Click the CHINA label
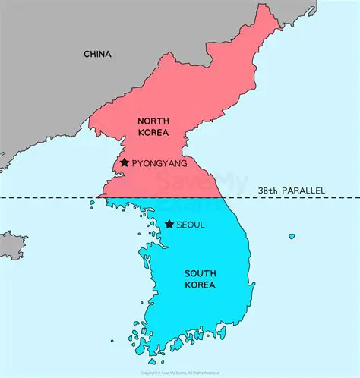pos(97,54)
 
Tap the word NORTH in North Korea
pos(153,121)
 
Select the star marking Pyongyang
pos(124,162)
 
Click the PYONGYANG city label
pos(159,163)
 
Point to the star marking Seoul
pos(169,224)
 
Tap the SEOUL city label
pos(191,225)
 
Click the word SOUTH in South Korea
pos(200,273)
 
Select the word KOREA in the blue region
pos(200,285)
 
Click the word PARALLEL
pos(302,190)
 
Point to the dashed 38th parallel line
pos(46,198)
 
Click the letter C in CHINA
pos(87,54)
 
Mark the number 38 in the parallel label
pos(263,190)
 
